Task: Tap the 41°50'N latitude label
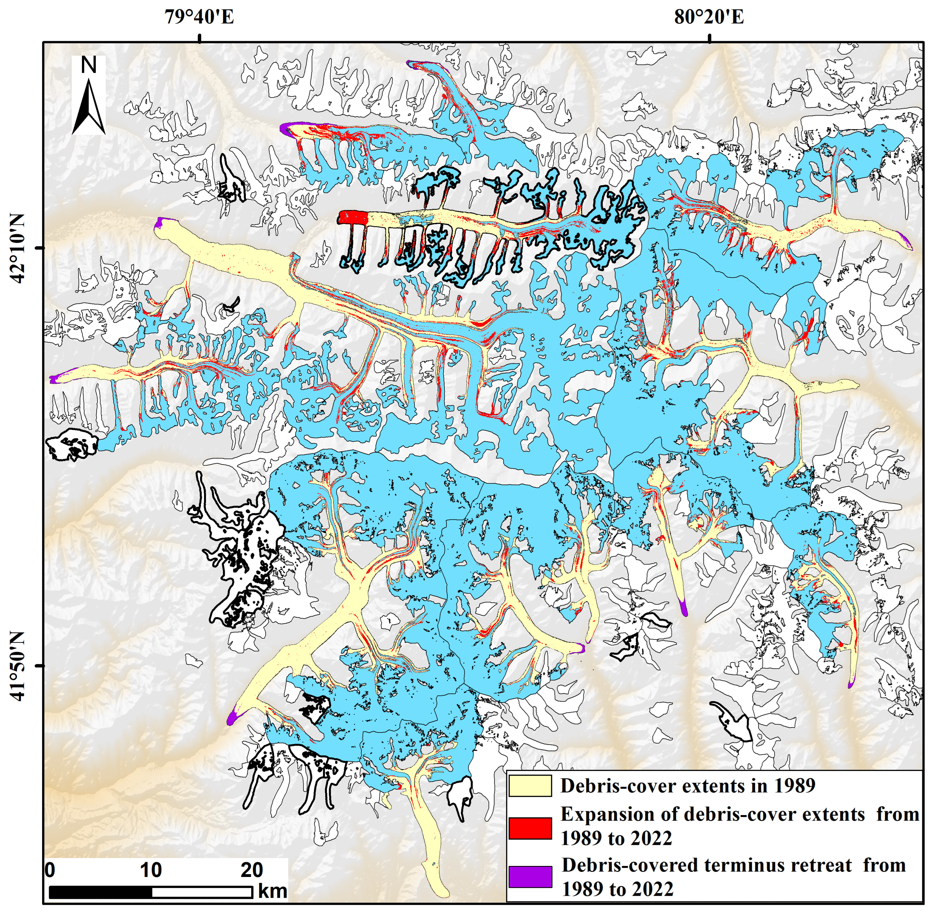(18, 666)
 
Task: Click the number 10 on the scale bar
(151, 870)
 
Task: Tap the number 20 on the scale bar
(251, 870)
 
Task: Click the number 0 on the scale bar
(50, 870)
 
